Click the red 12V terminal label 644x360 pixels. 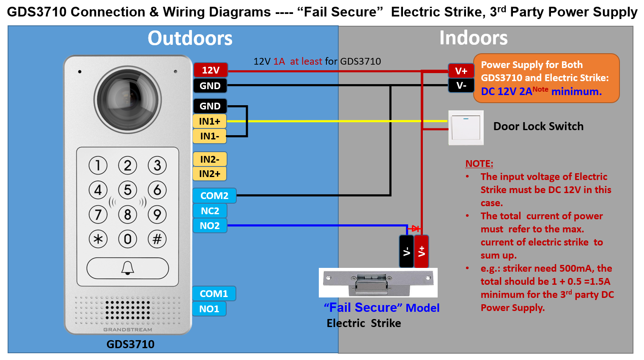(x=211, y=70)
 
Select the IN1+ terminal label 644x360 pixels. (x=210, y=121)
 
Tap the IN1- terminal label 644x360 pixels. (x=210, y=136)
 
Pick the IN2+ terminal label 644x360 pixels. (x=210, y=174)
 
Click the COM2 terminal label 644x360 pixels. (x=214, y=196)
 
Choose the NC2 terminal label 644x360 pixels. (x=210, y=211)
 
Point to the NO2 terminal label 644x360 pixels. (x=210, y=226)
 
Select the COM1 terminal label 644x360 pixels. (x=214, y=294)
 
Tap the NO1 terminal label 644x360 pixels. (x=209, y=309)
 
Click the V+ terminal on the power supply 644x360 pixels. (x=461, y=71)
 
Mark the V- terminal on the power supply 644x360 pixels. (x=461, y=85)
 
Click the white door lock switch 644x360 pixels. (x=466, y=128)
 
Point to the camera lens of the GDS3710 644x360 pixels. (x=127, y=99)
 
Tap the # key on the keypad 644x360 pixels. (x=157, y=239)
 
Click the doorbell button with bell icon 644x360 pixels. (x=128, y=268)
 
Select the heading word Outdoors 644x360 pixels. (x=190, y=38)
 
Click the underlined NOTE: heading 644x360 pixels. (x=479, y=164)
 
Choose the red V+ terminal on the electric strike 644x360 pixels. (x=422, y=251)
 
